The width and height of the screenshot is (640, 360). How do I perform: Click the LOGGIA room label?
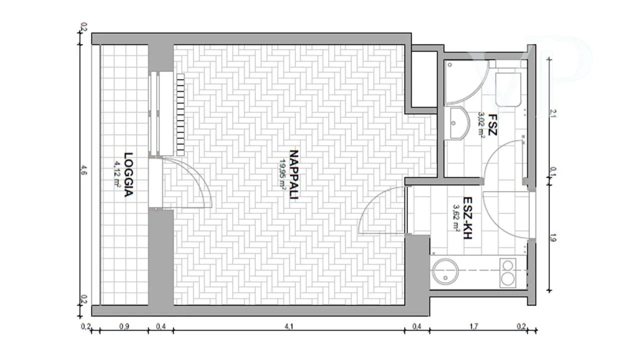click(128, 174)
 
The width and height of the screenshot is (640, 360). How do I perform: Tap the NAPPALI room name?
click(294, 174)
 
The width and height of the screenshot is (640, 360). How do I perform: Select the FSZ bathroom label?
click(492, 124)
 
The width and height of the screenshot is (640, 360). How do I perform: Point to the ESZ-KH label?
click(467, 217)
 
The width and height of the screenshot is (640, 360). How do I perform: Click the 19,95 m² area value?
click(282, 174)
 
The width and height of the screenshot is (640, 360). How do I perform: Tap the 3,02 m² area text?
click(481, 125)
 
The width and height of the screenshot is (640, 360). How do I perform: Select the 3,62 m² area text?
click(456, 217)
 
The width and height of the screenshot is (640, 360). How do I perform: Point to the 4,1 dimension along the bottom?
click(289, 326)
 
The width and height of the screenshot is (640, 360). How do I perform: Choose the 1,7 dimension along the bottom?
click(473, 326)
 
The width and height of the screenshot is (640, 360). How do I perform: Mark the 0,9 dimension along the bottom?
click(124, 326)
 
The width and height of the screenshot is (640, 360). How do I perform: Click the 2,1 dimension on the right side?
click(553, 113)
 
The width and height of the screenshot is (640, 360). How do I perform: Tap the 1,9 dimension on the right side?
click(553, 237)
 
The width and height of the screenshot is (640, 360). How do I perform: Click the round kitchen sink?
click(445, 271)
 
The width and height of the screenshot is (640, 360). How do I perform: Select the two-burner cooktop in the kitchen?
click(508, 273)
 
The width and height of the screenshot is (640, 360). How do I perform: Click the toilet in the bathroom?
click(508, 89)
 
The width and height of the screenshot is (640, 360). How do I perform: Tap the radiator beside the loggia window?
click(180, 114)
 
